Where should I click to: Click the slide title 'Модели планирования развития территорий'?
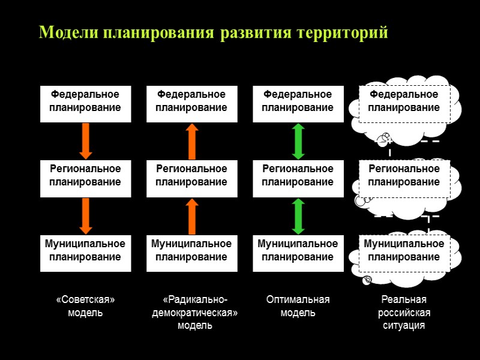pyautogui.click(x=213, y=32)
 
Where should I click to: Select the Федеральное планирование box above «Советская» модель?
pyautogui.click(x=85, y=101)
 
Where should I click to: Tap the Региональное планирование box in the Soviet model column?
pyautogui.click(x=85, y=176)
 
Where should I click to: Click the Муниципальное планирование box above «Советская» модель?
pyautogui.click(x=85, y=250)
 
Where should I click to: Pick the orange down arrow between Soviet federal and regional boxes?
pyautogui.click(x=85, y=141)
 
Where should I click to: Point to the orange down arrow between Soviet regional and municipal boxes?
pyautogui.click(x=85, y=215)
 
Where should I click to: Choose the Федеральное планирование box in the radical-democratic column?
pyautogui.click(x=191, y=101)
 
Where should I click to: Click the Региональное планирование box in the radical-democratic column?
pyautogui.click(x=191, y=176)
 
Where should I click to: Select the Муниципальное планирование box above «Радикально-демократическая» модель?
pyautogui.click(x=191, y=250)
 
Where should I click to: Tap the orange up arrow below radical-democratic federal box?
pyautogui.click(x=191, y=141)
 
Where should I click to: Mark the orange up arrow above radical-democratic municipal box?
pyautogui.click(x=191, y=215)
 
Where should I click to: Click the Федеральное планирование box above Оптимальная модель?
pyautogui.click(x=298, y=101)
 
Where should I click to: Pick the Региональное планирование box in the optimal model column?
pyautogui.click(x=298, y=176)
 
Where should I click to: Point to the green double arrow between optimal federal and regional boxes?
pyautogui.click(x=298, y=141)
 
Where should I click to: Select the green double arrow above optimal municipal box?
pyautogui.click(x=298, y=215)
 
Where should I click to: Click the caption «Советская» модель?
pyautogui.click(x=85, y=306)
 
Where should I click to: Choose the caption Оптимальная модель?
pyautogui.click(x=298, y=306)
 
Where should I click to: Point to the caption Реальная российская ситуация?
pyautogui.click(x=404, y=313)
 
